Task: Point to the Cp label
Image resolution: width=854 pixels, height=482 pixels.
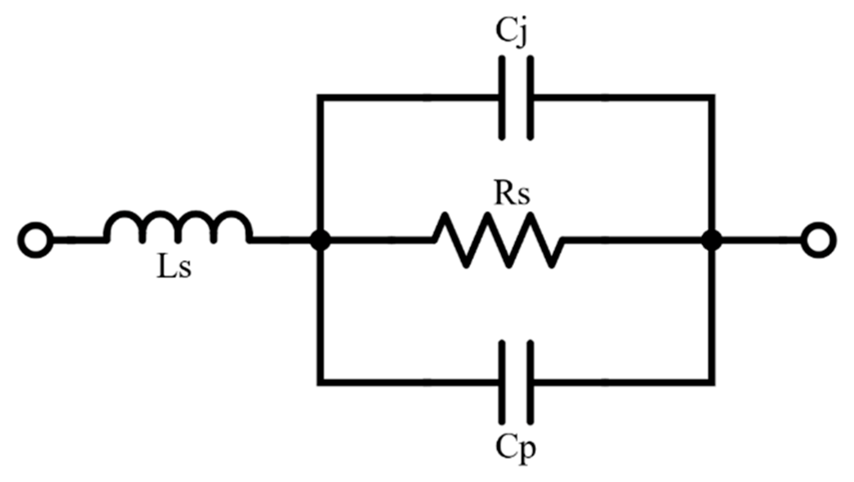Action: (515, 447)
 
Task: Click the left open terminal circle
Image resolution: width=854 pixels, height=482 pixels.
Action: (35, 240)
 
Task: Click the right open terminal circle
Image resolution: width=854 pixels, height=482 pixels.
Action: (818, 240)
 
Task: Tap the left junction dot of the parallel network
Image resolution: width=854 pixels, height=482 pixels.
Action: (320, 240)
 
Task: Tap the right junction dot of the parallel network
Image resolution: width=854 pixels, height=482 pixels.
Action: (711, 240)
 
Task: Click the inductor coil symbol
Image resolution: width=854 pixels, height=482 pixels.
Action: (177, 227)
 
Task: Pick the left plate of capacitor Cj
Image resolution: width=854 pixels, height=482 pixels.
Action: (502, 97)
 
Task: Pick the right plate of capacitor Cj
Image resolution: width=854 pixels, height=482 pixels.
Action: (530, 97)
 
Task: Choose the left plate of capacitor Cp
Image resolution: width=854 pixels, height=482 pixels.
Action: (502, 382)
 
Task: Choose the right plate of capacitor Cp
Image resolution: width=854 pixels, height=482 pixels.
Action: (530, 382)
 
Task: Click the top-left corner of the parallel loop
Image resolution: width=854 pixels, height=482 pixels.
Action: (320, 97)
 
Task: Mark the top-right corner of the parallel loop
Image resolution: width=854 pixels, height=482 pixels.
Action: (711, 97)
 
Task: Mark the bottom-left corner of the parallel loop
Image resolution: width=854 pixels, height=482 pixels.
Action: (320, 382)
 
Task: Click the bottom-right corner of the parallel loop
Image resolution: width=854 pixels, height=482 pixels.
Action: (711, 382)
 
